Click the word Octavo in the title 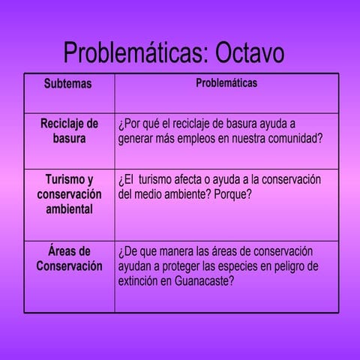(x=250, y=53)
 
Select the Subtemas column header (x=67, y=83)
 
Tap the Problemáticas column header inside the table (x=226, y=82)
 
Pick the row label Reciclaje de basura (x=69, y=130)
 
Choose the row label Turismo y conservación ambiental (x=69, y=194)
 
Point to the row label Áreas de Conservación (x=69, y=258)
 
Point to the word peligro (x=282, y=266)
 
